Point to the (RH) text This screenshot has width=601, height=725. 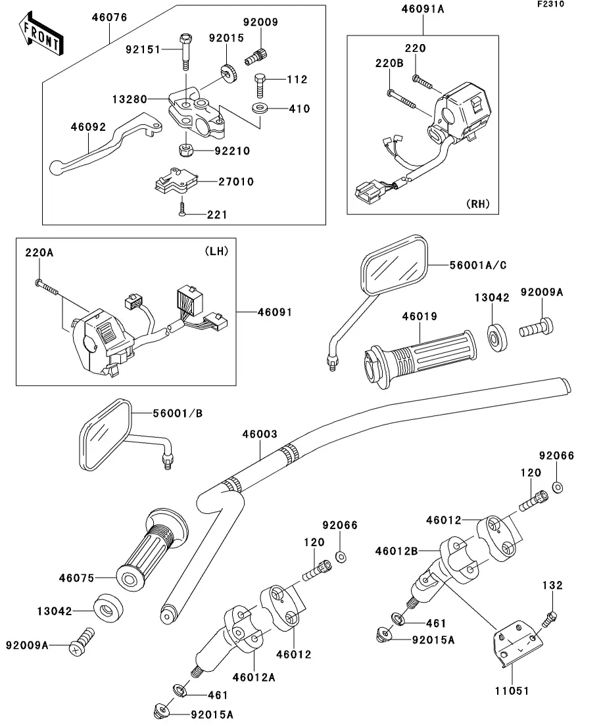[478, 204]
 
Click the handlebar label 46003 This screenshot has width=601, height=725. [260, 434]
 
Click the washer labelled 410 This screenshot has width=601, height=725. [259, 108]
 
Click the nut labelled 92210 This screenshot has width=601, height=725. [186, 151]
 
